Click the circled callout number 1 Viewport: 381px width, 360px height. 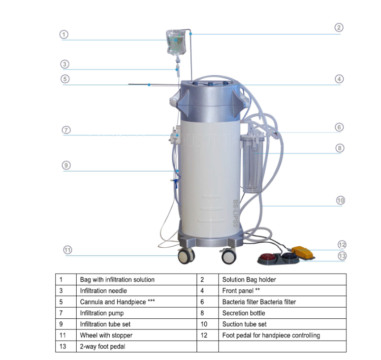pos(64,35)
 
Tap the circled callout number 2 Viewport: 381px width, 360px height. pos(339,28)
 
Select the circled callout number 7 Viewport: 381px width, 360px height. pos(66,130)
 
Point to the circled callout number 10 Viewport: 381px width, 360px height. pos(340,201)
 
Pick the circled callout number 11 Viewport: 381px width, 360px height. pos(67,250)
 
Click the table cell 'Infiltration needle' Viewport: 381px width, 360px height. pos(104,291)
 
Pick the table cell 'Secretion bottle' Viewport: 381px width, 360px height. pos(244,313)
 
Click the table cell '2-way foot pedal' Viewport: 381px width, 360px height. pos(102,347)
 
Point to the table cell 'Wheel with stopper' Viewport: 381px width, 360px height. pos(106,336)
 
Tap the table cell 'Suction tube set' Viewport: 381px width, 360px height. pos(244,324)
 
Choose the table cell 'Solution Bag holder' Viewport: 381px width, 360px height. pos(249,280)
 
